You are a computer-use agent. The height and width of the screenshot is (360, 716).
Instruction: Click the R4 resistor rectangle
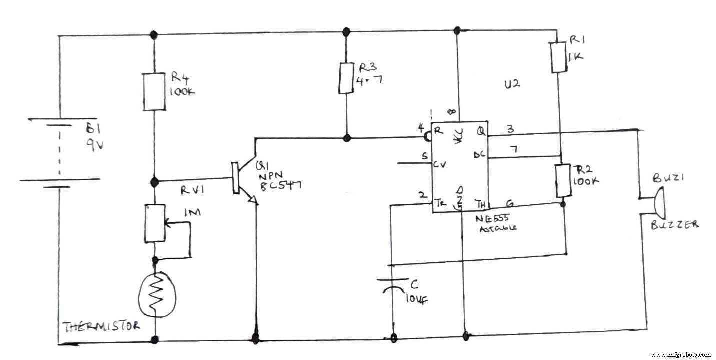[x=154, y=92]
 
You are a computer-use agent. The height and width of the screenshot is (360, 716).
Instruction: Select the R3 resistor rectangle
[x=345, y=78]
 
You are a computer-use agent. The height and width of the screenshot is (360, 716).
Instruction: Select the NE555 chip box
[x=460, y=167]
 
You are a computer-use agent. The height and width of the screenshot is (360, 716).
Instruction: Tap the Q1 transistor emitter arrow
[x=253, y=200]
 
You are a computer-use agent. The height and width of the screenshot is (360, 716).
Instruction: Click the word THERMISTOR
[x=102, y=327]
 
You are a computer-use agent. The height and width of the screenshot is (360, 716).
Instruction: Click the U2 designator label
[x=512, y=84]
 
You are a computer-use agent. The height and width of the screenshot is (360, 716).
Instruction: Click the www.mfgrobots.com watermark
[x=680, y=354]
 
